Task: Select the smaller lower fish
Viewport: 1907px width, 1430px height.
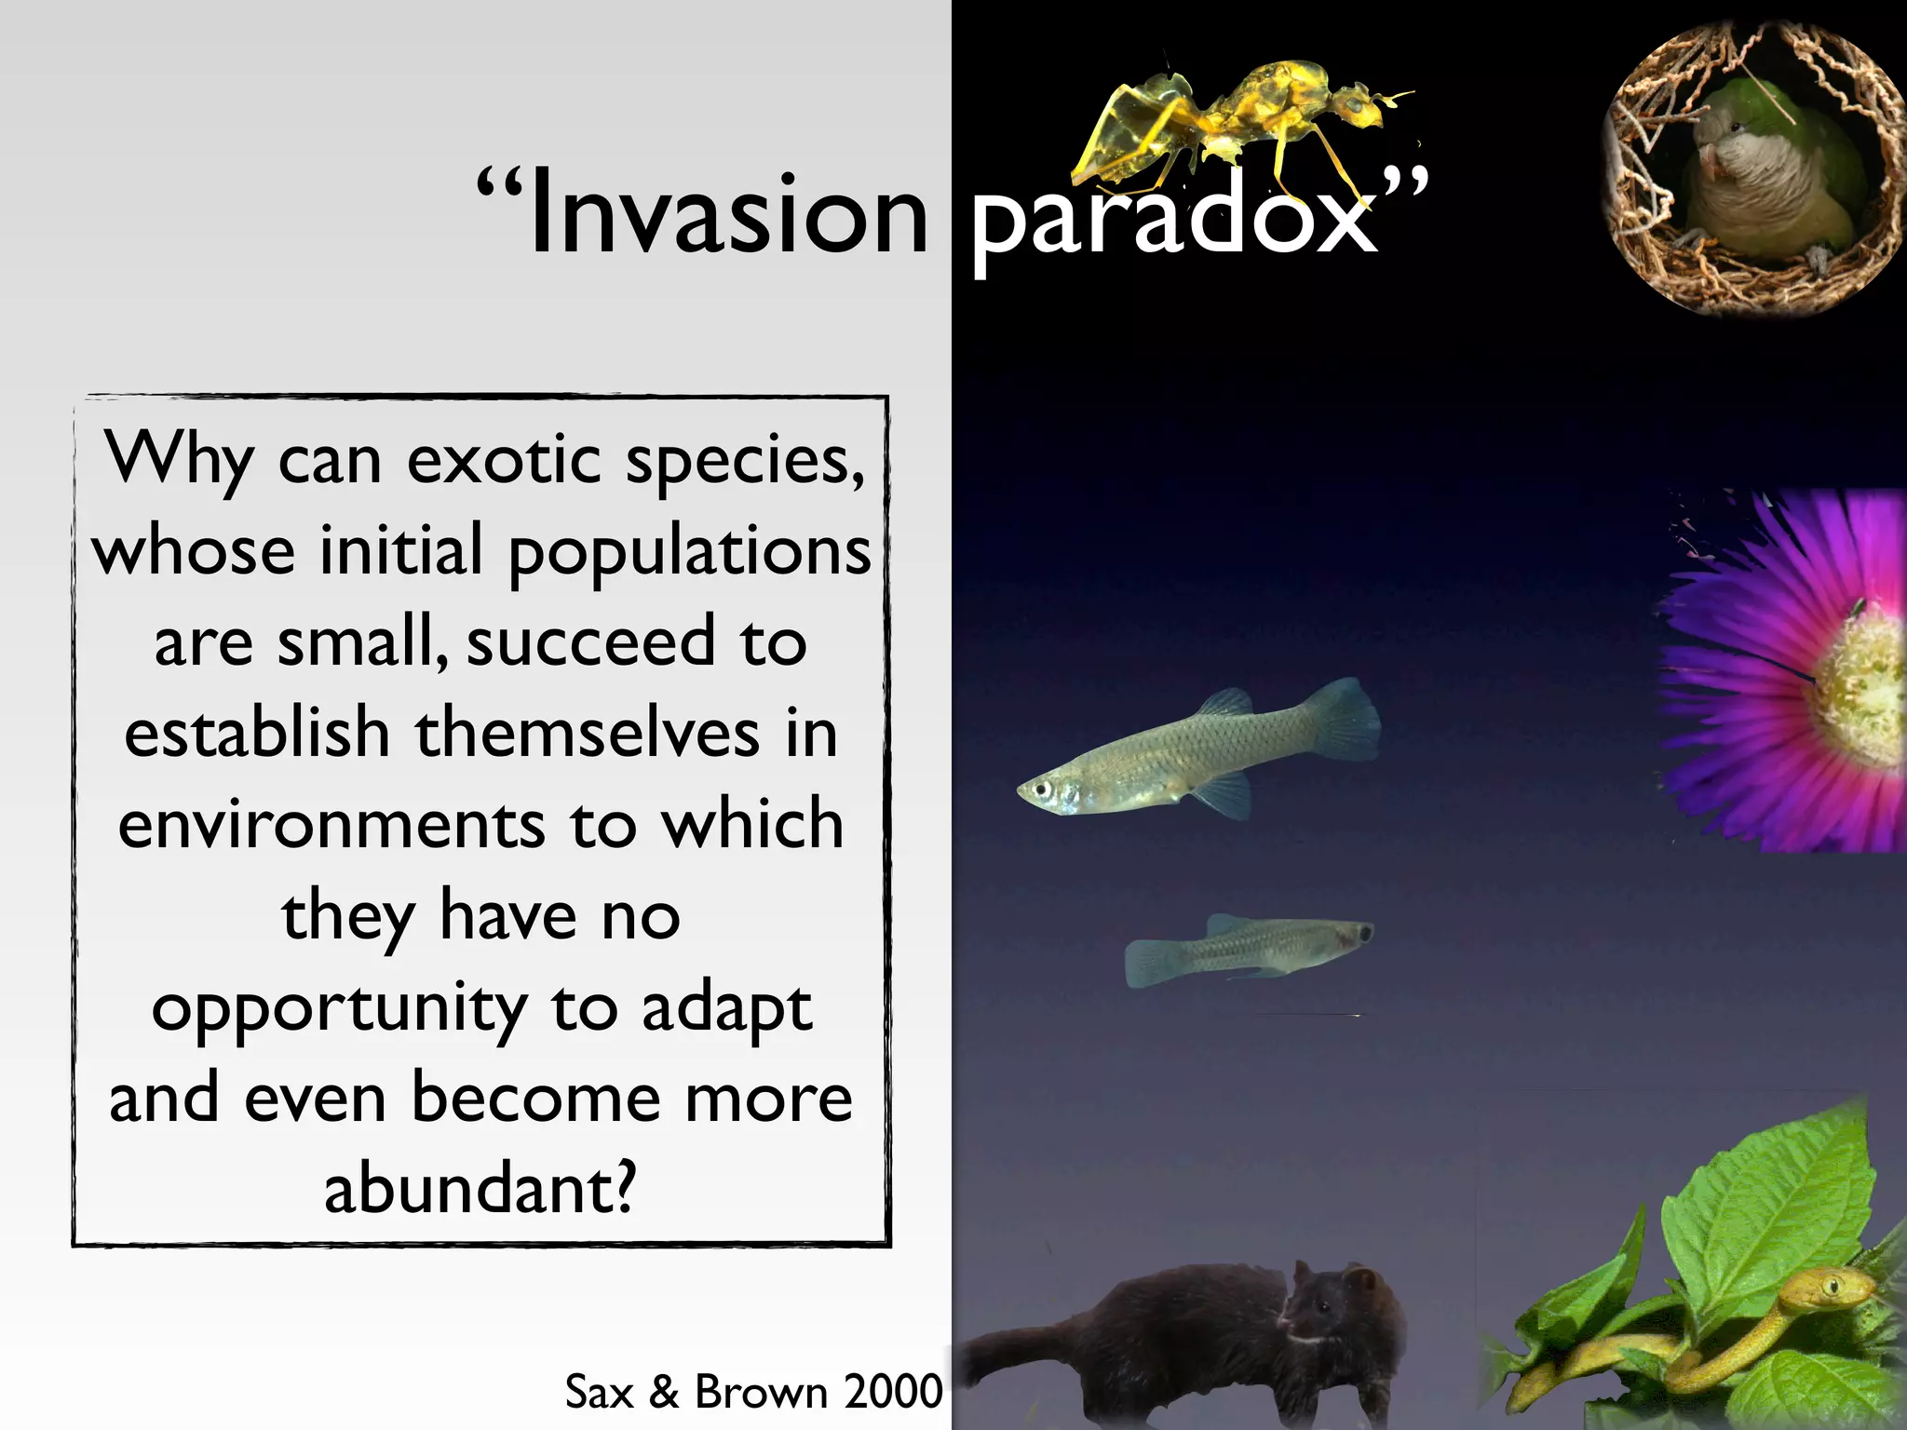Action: (1248, 948)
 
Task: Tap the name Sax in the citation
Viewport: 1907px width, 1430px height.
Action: (599, 1392)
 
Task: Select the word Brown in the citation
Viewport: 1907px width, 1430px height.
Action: (761, 1392)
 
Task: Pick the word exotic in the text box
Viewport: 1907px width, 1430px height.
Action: (504, 461)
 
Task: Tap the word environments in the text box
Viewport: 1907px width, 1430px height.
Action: (331, 826)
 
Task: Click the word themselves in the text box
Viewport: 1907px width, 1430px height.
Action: (587, 735)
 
